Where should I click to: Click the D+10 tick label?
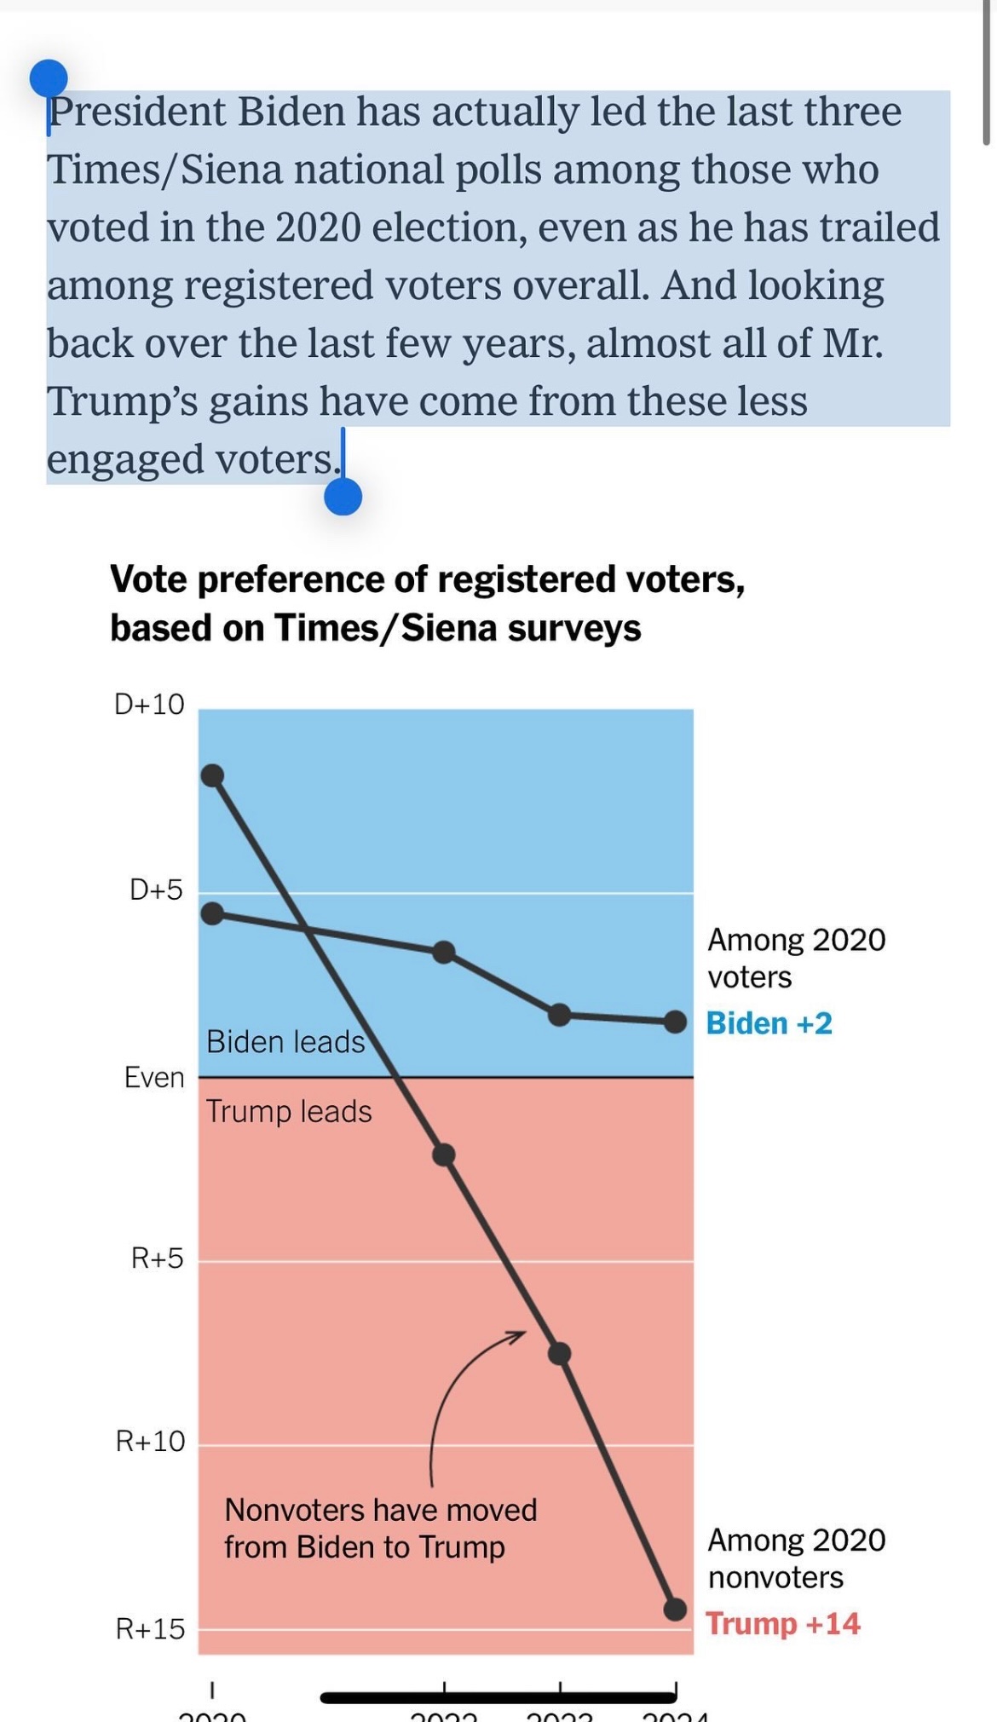(x=149, y=704)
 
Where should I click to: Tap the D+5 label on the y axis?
(x=156, y=890)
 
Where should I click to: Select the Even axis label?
(x=154, y=1077)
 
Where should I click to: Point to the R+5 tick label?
(x=157, y=1258)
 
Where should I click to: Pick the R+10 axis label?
(x=150, y=1441)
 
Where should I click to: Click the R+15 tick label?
(x=150, y=1628)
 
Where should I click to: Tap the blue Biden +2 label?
(x=769, y=1022)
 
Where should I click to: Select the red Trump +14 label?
(x=782, y=1623)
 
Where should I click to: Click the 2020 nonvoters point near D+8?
(x=212, y=775)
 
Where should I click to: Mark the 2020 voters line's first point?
(x=212, y=913)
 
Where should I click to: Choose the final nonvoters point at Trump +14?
(x=675, y=1609)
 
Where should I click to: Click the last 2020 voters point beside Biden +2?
(x=675, y=1022)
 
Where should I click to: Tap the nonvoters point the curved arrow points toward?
(x=559, y=1353)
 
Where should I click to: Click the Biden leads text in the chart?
(x=285, y=1041)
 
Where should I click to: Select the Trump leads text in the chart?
(x=289, y=1111)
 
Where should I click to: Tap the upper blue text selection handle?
(x=49, y=78)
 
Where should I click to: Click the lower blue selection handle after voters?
(x=343, y=496)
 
